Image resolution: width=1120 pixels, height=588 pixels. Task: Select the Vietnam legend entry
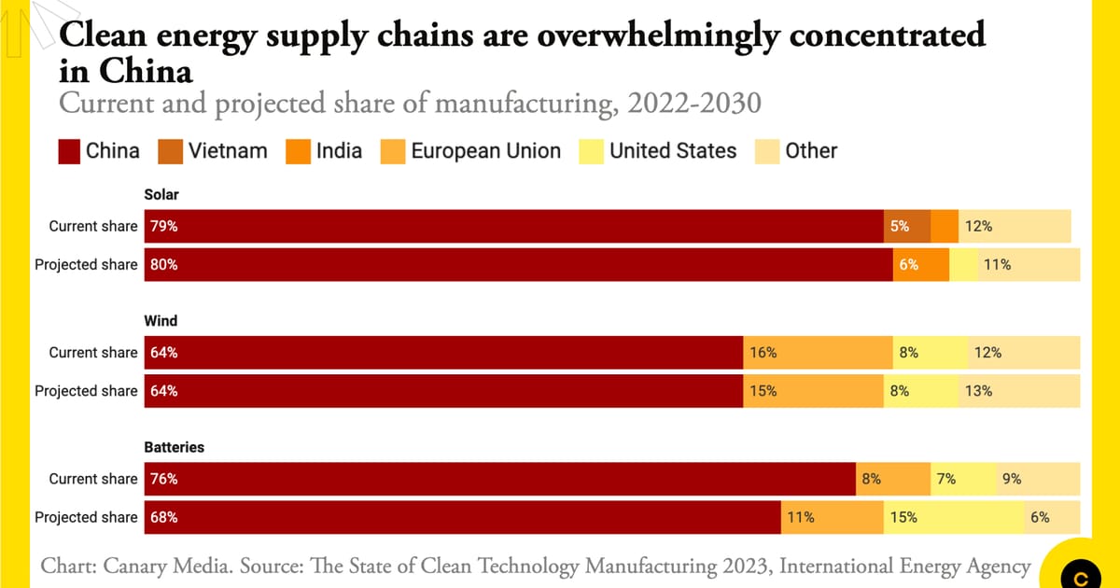[227, 151]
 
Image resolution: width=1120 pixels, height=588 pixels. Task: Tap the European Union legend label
[485, 151]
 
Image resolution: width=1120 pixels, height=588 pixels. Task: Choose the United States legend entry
[672, 151]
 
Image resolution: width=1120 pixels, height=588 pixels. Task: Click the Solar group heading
[161, 194]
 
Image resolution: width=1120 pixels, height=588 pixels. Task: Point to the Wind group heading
[161, 320]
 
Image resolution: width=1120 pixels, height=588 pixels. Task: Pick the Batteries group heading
[174, 447]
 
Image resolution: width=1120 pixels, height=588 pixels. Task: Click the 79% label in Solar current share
[164, 226]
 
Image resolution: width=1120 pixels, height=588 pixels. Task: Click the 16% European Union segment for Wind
[818, 353]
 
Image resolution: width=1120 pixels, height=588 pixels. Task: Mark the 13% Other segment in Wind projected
[1018, 391]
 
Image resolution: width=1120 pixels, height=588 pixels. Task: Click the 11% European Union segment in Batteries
[832, 517]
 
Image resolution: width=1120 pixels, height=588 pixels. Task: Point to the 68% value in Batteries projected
[164, 517]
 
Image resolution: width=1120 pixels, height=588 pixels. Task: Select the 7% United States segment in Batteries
[962, 479]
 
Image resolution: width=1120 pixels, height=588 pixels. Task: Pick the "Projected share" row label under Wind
[86, 391]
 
